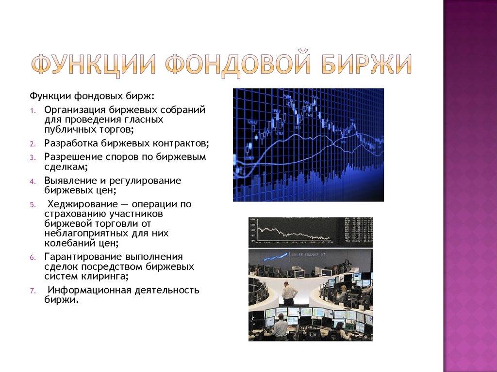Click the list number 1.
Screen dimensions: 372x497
(32, 110)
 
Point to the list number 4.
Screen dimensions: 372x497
(32, 181)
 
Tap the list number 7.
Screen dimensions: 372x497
(32, 291)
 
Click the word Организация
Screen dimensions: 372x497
(74, 110)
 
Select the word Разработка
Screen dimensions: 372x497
(71, 144)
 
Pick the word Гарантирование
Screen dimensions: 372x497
(82, 257)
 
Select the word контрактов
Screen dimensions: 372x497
(182, 144)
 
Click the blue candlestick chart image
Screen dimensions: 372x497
(308, 144)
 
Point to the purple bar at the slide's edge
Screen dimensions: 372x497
(470, 186)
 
